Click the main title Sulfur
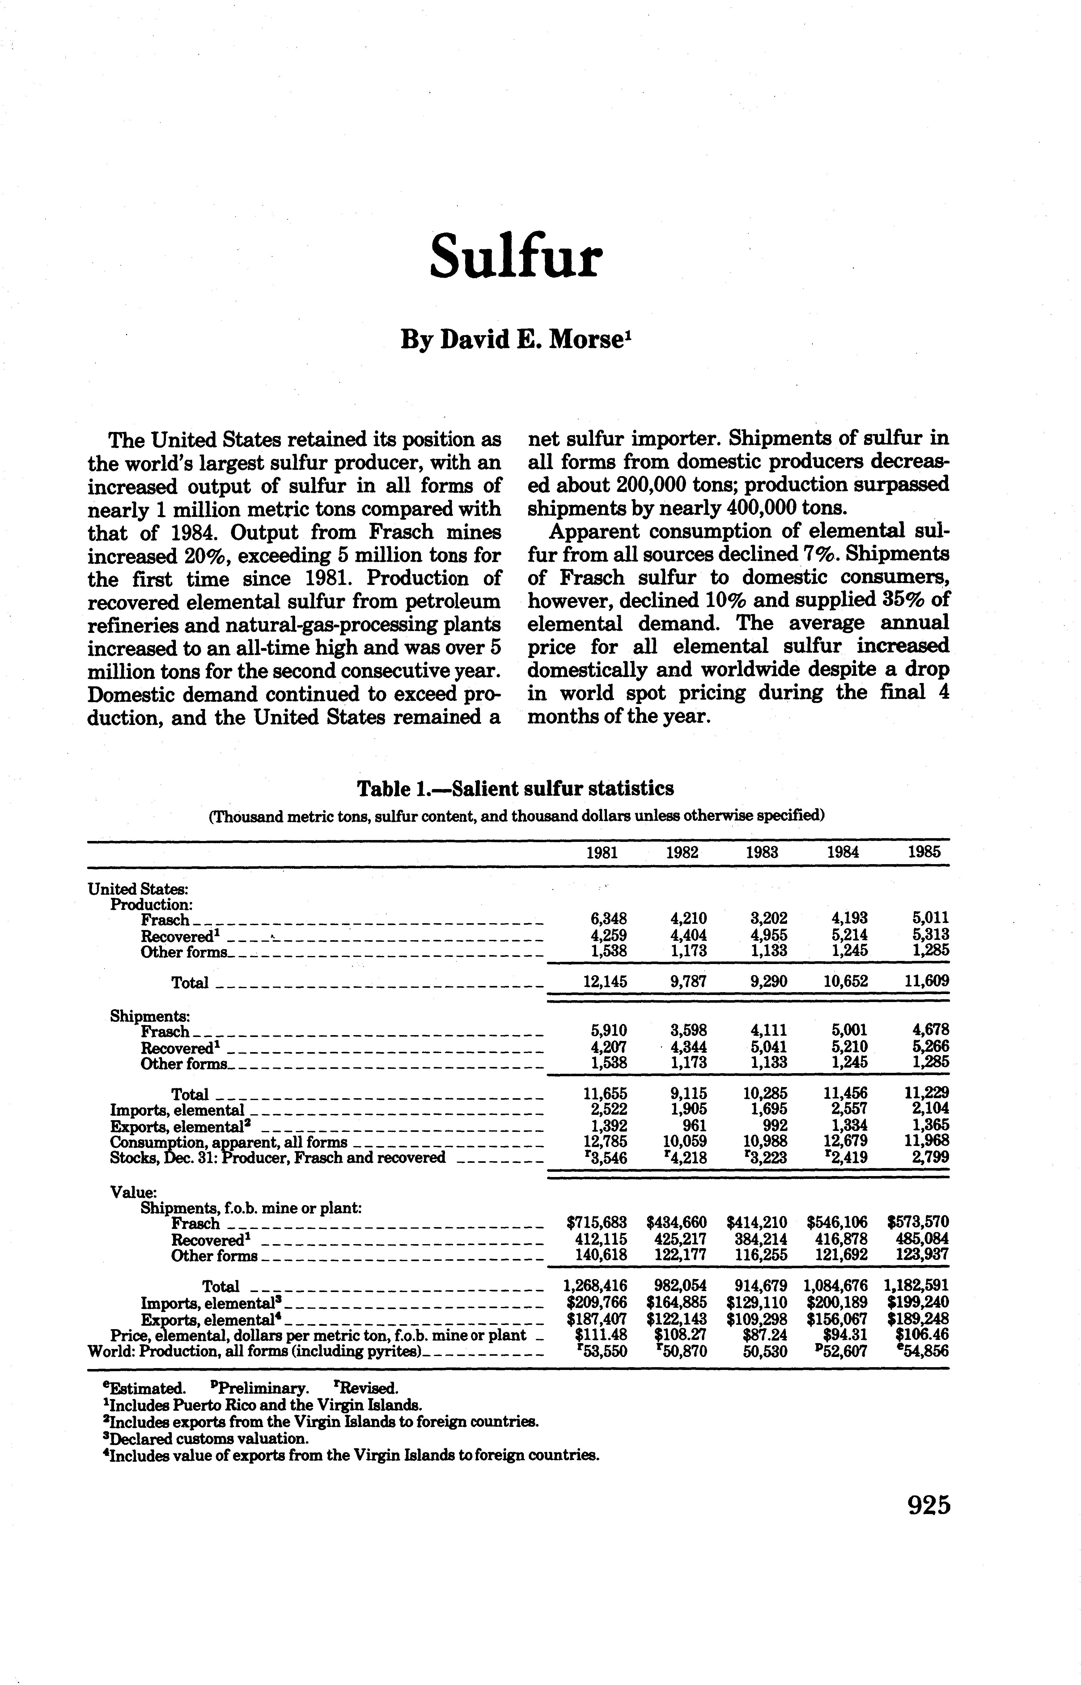coord(516,257)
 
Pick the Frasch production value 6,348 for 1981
coord(605,918)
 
